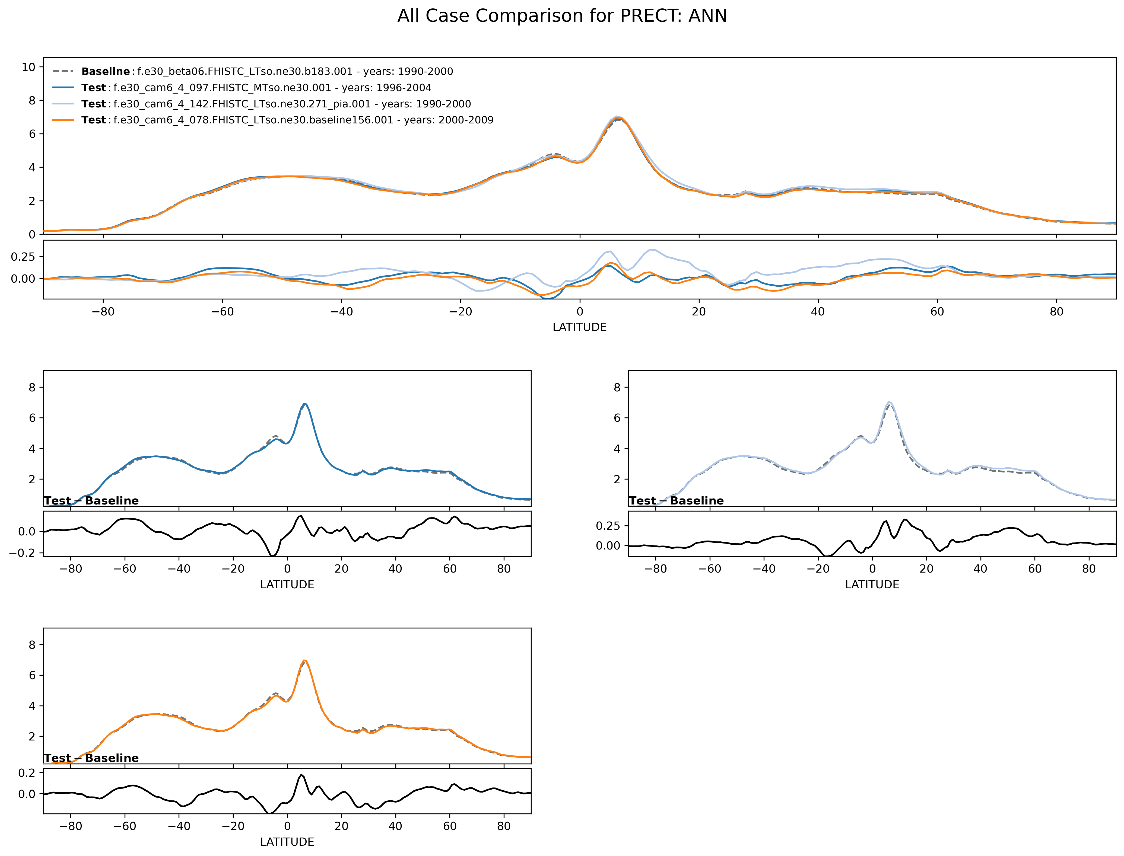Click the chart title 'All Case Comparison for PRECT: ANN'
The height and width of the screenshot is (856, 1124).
[562, 16]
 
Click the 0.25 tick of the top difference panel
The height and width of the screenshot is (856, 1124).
[23, 256]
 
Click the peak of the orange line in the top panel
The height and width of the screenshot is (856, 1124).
[619, 118]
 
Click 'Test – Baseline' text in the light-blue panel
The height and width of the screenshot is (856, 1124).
[676, 501]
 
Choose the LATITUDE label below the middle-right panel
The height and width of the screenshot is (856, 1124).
[872, 584]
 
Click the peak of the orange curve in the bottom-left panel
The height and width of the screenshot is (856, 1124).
[304, 661]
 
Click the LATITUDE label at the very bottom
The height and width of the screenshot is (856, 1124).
[287, 842]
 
